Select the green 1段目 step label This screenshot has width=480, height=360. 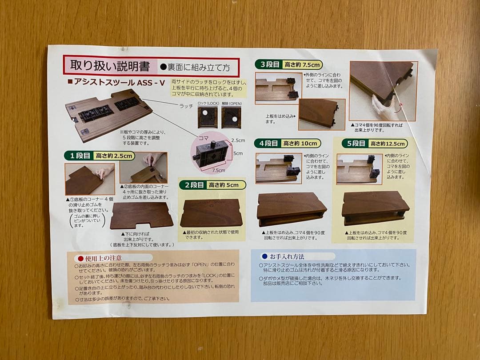[x=78, y=156]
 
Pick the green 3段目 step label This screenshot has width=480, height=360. [x=269, y=64]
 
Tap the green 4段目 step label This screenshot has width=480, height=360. [x=268, y=143]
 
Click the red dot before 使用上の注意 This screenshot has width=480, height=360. [x=80, y=258]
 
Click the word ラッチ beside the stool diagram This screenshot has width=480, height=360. [x=186, y=106]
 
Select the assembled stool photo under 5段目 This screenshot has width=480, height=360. [x=376, y=208]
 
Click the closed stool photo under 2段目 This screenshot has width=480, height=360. [x=211, y=213]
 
